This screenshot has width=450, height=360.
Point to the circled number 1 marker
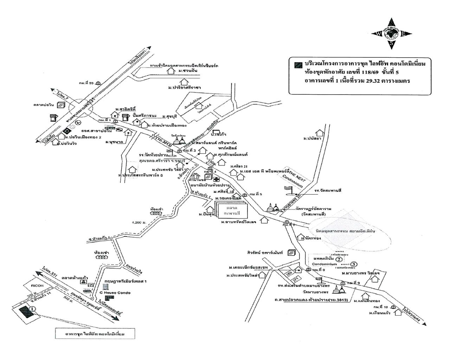pos(33,309)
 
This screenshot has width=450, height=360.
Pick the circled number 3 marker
pos(354,264)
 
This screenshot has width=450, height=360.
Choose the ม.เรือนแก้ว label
pos(381,312)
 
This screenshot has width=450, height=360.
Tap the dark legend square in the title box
pos(298,64)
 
